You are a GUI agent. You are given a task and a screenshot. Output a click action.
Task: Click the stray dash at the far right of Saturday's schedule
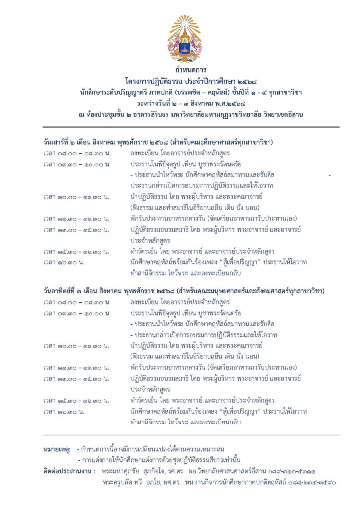[329, 175]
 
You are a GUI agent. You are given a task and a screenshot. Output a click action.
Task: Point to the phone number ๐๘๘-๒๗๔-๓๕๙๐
[315, 482]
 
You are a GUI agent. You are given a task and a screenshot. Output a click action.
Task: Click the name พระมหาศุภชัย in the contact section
[120, 471]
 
